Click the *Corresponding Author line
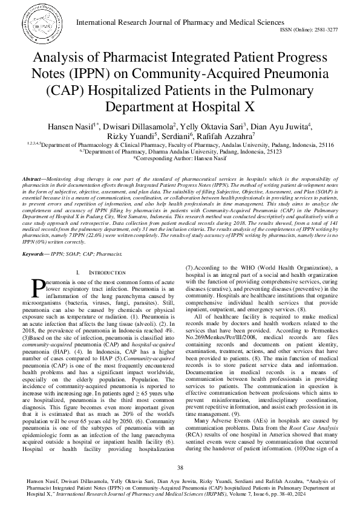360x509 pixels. point(180,159)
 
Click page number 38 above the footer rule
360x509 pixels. point(180,468)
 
